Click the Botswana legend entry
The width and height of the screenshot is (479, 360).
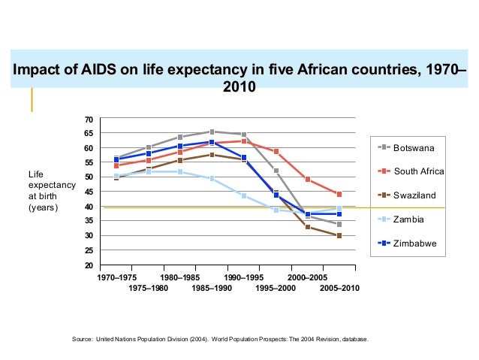coord(413,147)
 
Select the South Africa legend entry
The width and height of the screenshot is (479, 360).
coord(418,171)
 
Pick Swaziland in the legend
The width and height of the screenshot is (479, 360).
coord(414,195)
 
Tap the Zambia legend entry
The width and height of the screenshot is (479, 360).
coord(408,219)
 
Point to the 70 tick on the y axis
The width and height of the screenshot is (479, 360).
coord(88,119)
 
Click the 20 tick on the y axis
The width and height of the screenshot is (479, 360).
coord(88,265)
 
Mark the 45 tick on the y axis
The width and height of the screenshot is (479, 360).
coord(88,192)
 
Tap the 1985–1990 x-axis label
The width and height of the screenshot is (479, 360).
coord(212,289)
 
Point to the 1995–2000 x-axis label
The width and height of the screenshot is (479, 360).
coord(276,289)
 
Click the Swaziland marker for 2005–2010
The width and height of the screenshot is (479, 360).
coord(339,236)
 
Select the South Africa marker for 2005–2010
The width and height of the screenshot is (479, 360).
coord(339,195)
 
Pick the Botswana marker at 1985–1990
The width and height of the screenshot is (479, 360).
coord(212,132)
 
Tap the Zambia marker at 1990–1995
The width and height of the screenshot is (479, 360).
coord(244,195)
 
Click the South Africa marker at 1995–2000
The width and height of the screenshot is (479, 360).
coord(276,152)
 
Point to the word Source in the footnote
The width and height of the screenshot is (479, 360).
coord(81,340)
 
